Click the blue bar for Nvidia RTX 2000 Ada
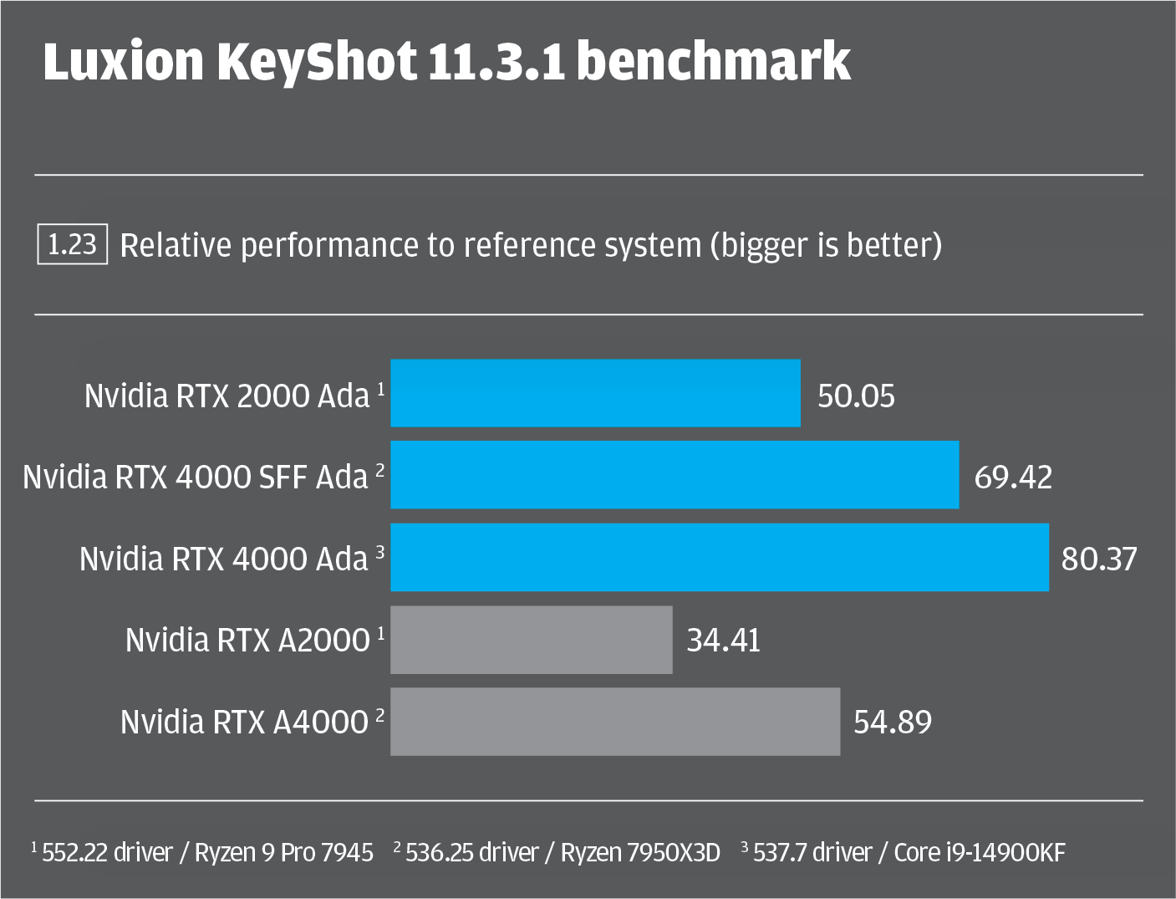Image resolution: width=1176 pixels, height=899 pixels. coord(595,393)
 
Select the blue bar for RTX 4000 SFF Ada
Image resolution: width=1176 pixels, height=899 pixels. coord(675,475)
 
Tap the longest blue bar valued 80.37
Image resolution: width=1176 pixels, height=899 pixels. coord(720,557)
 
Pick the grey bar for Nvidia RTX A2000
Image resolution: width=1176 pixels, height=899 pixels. coord(532,640)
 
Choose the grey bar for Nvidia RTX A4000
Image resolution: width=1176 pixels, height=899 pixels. coord(615,722)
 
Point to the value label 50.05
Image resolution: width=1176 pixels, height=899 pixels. coord(856,396)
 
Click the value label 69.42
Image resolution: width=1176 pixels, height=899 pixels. coord(1013,478)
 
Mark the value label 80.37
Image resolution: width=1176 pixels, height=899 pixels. coord(1099,559)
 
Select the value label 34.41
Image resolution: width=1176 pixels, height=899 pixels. coord(724,641)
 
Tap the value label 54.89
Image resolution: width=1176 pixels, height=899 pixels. coord(893,722)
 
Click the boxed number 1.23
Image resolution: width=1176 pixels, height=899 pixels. coord(73,244)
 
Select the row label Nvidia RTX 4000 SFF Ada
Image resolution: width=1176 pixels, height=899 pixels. coord(196,477)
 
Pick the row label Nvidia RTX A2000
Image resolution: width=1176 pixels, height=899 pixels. coord(247,640)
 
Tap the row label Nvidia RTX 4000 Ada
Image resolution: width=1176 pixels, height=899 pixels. coord(224,559)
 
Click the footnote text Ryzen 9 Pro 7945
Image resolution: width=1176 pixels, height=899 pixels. coord(284,852)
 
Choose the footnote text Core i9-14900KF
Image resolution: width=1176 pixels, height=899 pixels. coord(980,852)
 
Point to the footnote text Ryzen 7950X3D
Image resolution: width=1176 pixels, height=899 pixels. coord(640,852)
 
